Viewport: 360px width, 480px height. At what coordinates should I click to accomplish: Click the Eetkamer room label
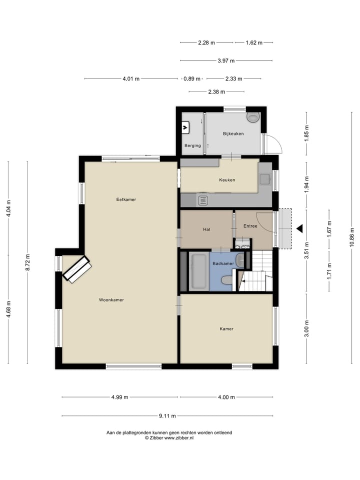tap(126, 199)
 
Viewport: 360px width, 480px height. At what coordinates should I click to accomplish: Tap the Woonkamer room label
tap(111, 300)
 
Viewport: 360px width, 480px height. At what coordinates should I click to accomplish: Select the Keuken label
tap(227, 180)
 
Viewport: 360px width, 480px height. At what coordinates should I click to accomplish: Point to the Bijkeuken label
tap(233, 133)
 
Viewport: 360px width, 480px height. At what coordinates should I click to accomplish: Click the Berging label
tap(192, 145)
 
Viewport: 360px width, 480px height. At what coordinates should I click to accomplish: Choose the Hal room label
tap(206, 229)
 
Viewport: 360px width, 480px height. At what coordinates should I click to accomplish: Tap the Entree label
tap(250, 226)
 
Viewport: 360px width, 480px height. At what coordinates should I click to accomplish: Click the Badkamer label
tap(222, 263)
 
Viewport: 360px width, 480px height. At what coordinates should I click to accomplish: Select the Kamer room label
tap(226, 328)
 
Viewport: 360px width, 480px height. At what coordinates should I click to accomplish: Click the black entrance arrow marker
tap(299, 228)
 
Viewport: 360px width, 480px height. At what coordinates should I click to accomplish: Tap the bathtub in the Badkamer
tap(198, 271)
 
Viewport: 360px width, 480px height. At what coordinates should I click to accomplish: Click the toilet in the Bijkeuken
tap(253, 117)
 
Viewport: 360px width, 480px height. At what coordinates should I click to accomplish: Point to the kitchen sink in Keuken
tap(203, 200)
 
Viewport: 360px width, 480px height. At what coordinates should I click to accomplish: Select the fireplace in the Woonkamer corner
tap(76, 269)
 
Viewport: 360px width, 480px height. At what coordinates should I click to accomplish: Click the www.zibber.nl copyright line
tap(169, 437)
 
